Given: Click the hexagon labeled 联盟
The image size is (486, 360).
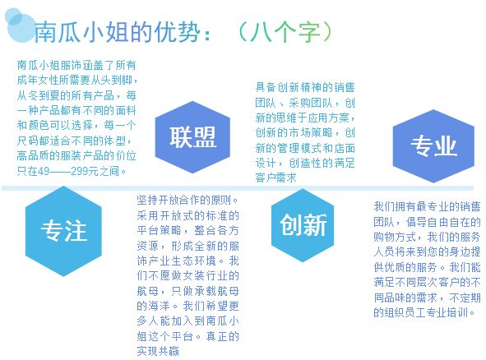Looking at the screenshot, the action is tap(192, 137).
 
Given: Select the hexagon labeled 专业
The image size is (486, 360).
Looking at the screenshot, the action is tap(433, 146).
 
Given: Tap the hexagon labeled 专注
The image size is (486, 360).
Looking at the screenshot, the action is tap(63, 231).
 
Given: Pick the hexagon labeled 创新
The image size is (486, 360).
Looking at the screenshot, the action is tap(303, 225).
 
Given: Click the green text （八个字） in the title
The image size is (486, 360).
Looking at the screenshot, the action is tap(285, 31).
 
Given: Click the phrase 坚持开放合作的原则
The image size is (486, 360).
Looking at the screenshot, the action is tap(184, 201).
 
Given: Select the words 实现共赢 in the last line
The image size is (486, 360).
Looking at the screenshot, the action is tap(158, 351).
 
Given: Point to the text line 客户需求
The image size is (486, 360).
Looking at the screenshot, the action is tap(275, 178).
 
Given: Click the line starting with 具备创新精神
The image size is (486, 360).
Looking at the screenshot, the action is tap(305, 87).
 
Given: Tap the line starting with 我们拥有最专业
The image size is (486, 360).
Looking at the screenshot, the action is tap(427, 206).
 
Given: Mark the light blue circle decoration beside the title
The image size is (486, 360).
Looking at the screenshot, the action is tap(19, 25).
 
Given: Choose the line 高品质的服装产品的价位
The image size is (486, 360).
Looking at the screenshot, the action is tap(76, 155).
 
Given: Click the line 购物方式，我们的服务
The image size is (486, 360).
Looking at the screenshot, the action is tap(427, 237).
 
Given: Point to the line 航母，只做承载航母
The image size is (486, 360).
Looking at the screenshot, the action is tap(187, 291).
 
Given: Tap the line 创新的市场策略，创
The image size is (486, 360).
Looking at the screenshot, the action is tap(305, 132).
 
